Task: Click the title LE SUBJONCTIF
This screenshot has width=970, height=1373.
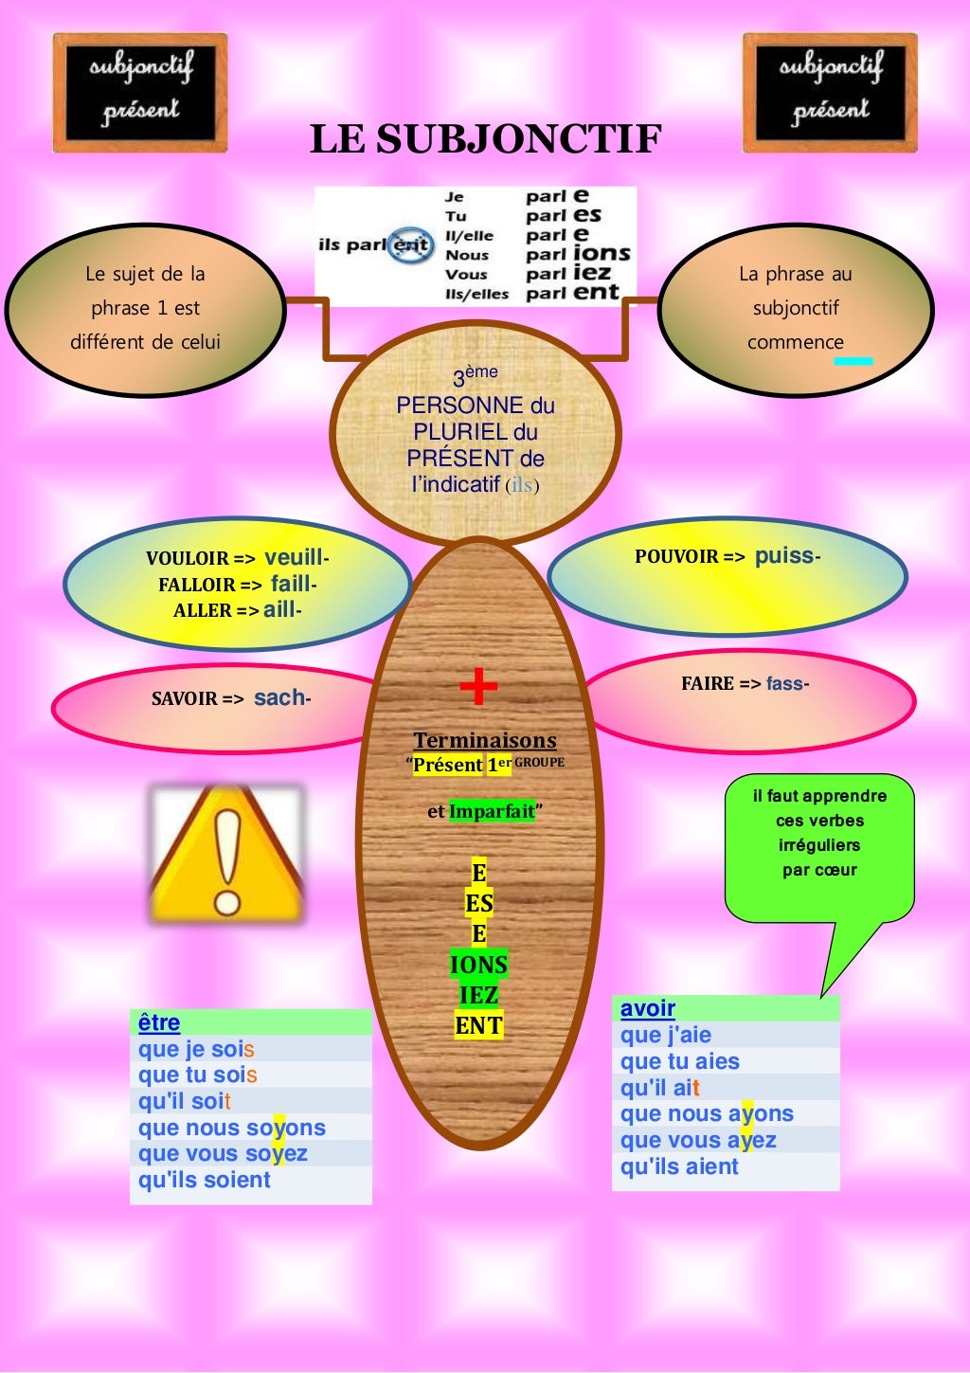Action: [x=485, y=138]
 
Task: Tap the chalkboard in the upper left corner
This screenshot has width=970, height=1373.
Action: [x=140, y=93]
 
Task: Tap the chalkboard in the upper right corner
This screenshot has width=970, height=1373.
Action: [x=830, y=93]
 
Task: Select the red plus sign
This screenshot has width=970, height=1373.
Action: [x=478, y=686]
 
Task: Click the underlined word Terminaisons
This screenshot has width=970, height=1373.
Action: [x=485, y=741]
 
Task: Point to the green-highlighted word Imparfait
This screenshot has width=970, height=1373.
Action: [x=492, y=812]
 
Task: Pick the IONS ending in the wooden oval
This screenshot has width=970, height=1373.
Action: [x=478, y=965]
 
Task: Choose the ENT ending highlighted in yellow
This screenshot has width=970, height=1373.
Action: [x=478, y=1025]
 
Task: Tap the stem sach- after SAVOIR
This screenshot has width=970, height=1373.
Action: [x=281, y=698]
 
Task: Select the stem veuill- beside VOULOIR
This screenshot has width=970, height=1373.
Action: [x=296, y=558]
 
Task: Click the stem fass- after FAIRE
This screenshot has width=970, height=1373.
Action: [x=787, y=683]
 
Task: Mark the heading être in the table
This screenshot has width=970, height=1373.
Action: [x=159, y=1022]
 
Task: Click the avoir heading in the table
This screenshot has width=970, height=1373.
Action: [x=648, y=1008]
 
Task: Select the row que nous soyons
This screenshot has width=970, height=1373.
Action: [x=232, y=1128]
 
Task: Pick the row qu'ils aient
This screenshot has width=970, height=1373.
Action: [x=679, y=1166]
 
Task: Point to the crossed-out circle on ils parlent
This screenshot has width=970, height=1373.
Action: [x=410, y=244]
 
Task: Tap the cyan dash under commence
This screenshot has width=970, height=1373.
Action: [x=853, y=361]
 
